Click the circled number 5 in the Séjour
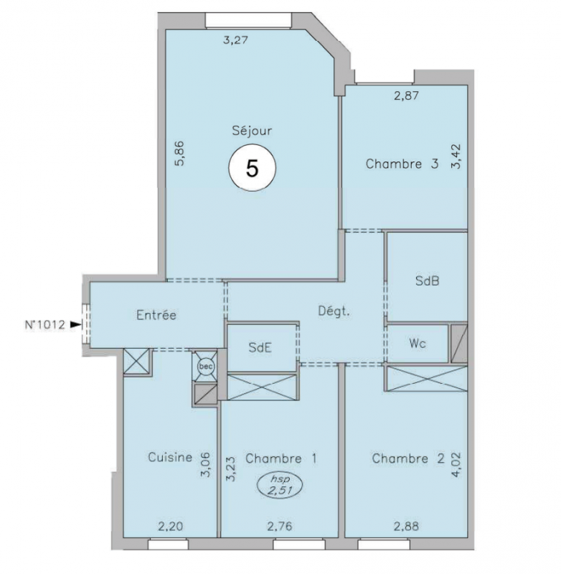coord(252,168)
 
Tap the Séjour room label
coord(252,131)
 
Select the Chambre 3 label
coord(402,164)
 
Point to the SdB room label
coord(427,281)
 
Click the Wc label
coord(418,344)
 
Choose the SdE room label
coord(260,347)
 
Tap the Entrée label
coord(156,315)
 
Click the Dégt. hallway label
coord(334,311)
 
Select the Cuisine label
coord(170,457)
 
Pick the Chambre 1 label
coord(281,458)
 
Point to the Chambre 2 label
coord(408,458)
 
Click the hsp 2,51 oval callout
coord(280,485)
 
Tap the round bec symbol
coord(206,366)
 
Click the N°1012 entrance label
coord(45,324)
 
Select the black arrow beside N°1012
coord(76,324)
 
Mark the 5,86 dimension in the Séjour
coord(179,154)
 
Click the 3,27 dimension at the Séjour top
coord(236,40)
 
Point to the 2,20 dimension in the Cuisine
coord(171,527)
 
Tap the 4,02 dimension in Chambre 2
coord(456,465)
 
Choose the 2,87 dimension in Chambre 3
coord(406,96)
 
